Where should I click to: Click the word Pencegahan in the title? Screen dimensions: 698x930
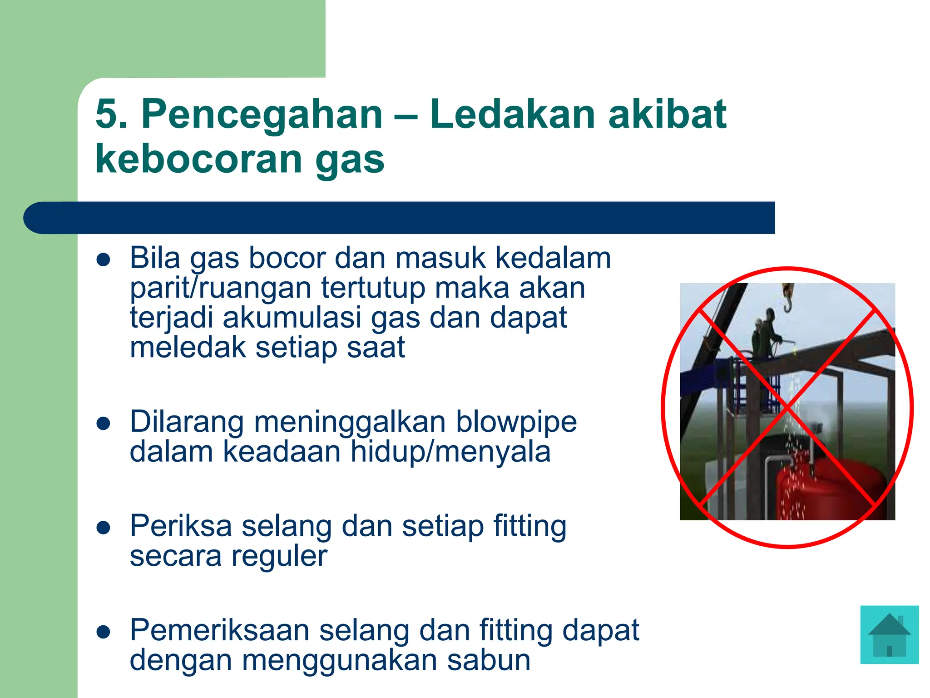(x=262, y=115)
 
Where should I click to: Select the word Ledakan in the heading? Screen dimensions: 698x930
(x=512, y=115)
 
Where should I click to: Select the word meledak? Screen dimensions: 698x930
(x=188, y=347)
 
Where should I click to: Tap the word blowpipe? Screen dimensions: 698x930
(x=516, y=422)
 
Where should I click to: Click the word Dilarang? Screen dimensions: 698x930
(x=187, y=422)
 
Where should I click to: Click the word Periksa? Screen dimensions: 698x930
(x=180, y=526)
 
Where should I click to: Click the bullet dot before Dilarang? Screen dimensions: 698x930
(x=104, y=424)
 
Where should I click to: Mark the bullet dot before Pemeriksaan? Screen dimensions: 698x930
(x=104, y=632)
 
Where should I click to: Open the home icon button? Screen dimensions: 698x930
(x=889, y=634)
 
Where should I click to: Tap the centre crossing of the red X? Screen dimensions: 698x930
(x=787, y=407)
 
